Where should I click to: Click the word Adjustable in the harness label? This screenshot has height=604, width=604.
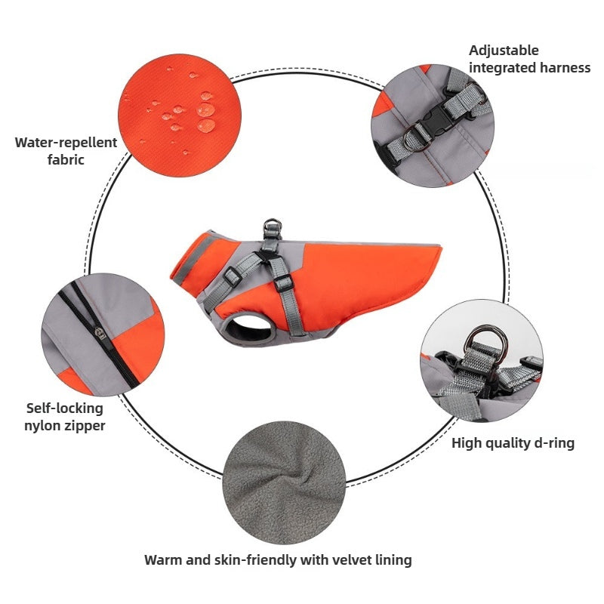(504, 51)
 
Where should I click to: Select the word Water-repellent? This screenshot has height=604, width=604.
(66, 143)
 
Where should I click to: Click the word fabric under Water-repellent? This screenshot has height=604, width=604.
(66, 159)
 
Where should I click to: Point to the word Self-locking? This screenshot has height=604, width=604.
(65, 408)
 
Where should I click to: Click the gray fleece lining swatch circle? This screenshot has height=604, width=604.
(284, 482)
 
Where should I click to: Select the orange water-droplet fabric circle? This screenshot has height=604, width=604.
(180, 116)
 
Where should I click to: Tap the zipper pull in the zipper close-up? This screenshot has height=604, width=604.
(100, 332)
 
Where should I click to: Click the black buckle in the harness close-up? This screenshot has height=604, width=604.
(435, 118)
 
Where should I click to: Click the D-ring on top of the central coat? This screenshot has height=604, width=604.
(273, 224)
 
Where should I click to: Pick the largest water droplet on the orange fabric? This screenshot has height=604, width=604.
(206, 125)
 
